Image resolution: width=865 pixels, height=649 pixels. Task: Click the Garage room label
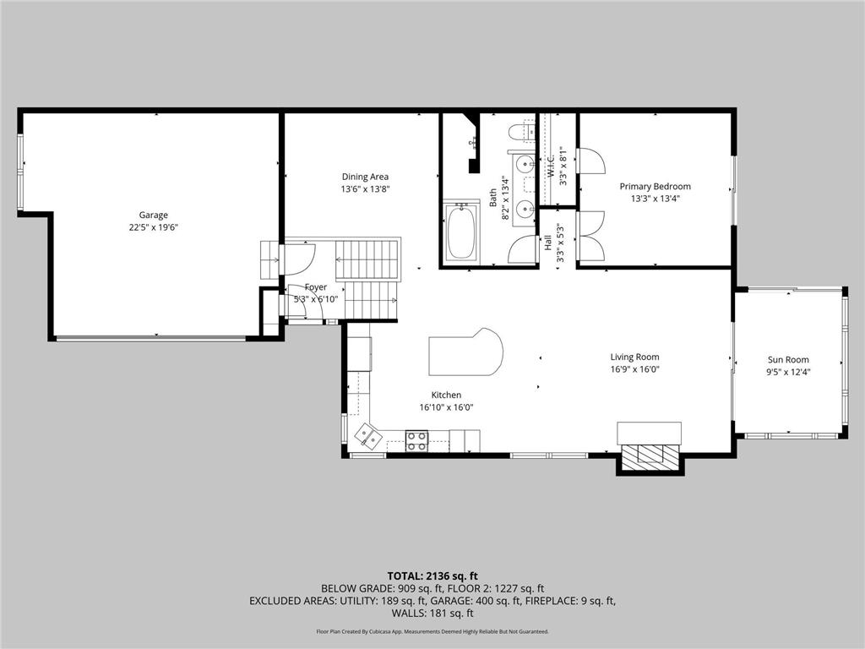[x=154, y=215]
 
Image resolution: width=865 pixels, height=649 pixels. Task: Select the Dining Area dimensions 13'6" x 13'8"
[x=365, y=190]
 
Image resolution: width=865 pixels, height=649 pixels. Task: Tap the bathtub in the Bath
[x=461, y=232]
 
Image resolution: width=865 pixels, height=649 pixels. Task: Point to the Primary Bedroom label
[x=655, y=187]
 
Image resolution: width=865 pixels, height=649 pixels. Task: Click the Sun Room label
[x=787, y=359]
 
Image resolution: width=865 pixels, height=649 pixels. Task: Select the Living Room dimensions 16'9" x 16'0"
[x=635, y=369]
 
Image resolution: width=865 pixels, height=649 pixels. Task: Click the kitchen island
[x=465, y=353]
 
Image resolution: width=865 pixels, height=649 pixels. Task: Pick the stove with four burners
[x=417, y=439]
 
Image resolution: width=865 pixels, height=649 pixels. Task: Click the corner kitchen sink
[x=367, y=435]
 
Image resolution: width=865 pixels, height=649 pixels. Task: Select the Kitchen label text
[x=446, y=395]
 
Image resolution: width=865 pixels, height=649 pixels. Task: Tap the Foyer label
[x=315, y=287]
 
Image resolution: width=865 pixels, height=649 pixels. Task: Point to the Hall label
[x=547, y=243]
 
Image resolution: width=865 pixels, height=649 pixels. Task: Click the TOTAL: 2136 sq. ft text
[x=432, y=575]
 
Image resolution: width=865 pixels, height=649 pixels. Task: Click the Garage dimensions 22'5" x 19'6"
[x=154, y=227]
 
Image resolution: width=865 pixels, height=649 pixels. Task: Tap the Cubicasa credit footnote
[x=432, y=631]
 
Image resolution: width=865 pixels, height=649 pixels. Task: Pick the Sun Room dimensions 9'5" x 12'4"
[x=787, y=372]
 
